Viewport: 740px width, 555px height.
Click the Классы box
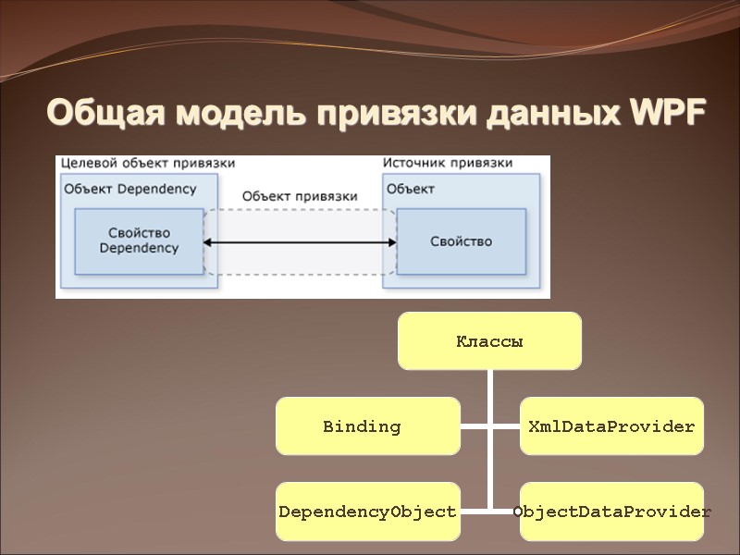[x=489, y=340]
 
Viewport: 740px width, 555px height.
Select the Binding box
[x=367, y=426]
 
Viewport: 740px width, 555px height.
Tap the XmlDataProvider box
[x=610, y=426]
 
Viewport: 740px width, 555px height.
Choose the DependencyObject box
[x=367, y=511]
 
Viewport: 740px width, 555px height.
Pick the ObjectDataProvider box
[x=611, y=511]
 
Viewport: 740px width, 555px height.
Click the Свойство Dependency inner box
[x=139, y=241]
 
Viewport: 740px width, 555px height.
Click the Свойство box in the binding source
[x=461, y=241]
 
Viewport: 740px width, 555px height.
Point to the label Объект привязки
[x=300, y=196]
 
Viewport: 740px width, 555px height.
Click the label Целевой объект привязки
[x=147, y=163]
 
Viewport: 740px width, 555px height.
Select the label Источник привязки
[x=448, y=163]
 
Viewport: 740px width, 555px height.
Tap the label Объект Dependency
[x=130, y=189]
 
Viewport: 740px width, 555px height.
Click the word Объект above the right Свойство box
[x=411, y=189]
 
